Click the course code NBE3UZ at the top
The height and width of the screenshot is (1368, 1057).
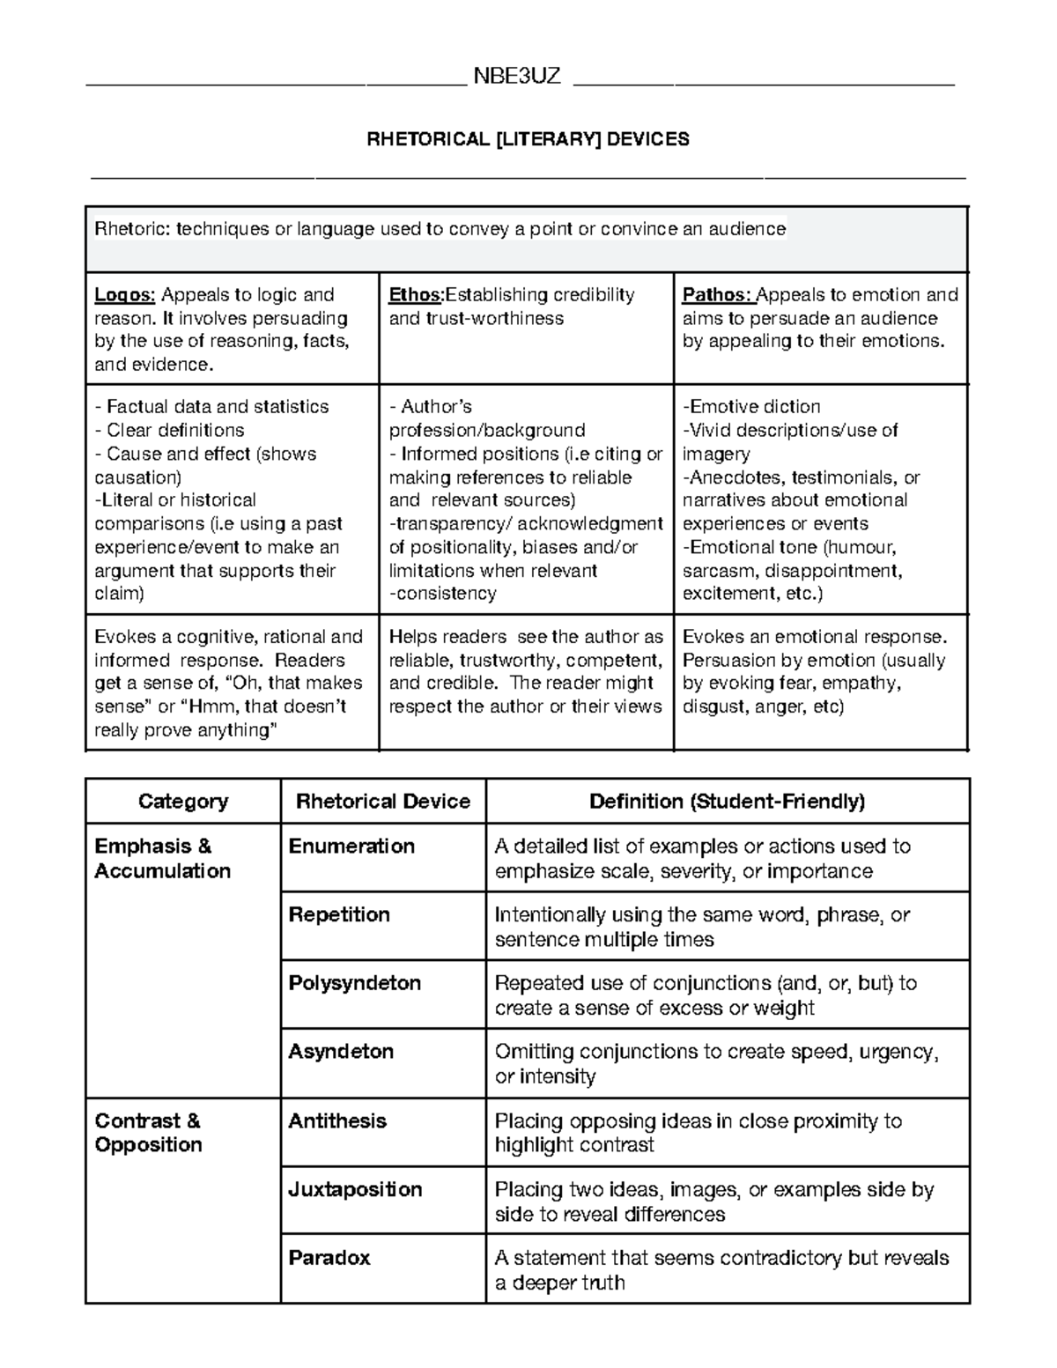[x=517, y=76]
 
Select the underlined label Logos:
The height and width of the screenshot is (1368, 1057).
[x=124, y=295]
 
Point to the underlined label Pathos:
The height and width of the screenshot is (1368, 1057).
[x=717, y=295]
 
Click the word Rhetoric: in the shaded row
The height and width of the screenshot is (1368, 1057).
[x=132, y=229]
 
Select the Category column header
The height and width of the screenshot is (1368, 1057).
[x=183, y=802]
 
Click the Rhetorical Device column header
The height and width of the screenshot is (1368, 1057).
[x=383, y=802]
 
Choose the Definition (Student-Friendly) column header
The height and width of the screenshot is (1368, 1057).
[x=728, y=802]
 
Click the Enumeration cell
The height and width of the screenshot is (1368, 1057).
[x=351, y=847]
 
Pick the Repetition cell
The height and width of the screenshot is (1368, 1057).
[x=339, y=914]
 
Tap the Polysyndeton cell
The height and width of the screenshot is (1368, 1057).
[x=355, y=983]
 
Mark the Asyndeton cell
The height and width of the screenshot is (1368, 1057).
[x=341, y=1052]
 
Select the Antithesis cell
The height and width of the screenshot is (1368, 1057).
[x=337, y=1120]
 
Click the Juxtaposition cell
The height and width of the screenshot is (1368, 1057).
[x=356, y=1189]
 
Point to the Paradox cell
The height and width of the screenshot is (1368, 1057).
[x=329, y=1258]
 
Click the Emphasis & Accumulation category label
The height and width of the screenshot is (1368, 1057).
[x=162, y=859]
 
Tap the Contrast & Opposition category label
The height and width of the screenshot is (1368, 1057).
[x=148, y=1133]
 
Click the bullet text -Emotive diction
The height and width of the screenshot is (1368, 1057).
[x=751, y=407]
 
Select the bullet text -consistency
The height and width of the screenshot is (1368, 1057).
[x=443, y=594]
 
